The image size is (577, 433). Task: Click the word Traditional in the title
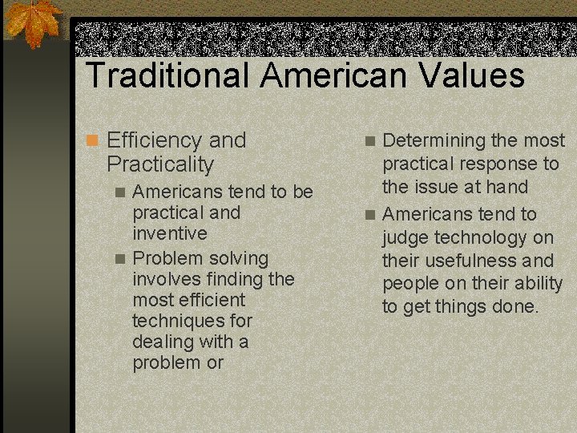coord(167,75)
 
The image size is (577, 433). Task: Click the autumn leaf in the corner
coord(33,23)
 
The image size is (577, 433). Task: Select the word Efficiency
coord(155,140)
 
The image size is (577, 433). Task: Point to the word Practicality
coord(160,165)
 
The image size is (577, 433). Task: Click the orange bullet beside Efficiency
coord(93,141)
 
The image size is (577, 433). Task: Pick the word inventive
coord(169,233)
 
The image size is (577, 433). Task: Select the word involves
coord(165,279)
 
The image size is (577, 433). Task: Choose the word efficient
coord(206,300)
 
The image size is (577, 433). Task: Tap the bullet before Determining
coord(369,141)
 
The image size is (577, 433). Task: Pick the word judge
coord(407,237)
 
